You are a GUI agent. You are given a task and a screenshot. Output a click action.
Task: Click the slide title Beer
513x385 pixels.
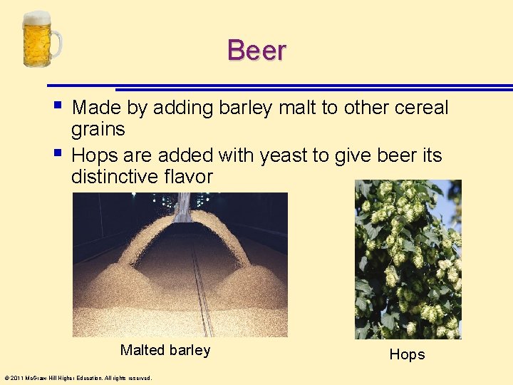[256, 51]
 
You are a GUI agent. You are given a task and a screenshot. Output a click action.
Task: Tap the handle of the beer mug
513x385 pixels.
[57, 43]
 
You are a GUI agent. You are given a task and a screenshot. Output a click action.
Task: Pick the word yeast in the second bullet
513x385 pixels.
[285, 155]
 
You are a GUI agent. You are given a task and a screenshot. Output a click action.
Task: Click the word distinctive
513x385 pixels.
[114, 177]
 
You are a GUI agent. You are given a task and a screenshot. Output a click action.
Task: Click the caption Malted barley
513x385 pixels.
[165, 350]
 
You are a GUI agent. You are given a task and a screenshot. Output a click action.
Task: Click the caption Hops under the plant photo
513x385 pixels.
[407, 354]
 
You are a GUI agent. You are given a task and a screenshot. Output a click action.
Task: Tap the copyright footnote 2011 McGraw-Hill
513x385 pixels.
[78, 378]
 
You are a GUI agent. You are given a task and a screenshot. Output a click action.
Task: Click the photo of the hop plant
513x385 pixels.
[408, 259]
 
